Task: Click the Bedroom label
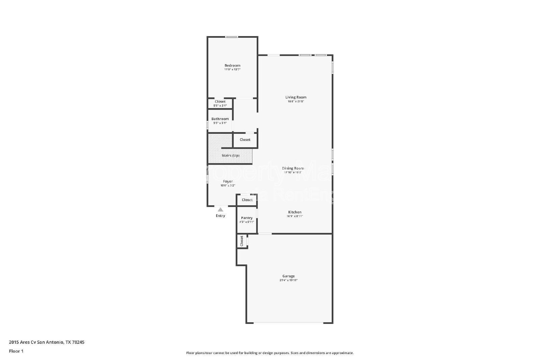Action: [x=232, y=65]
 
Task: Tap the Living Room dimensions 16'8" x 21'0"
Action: [x=296, y=101]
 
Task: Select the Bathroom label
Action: [x=220, y=119]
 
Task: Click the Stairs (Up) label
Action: [x=231, y=156]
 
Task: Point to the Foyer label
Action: [x=228, y=182]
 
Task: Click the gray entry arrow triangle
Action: [x=220, y=210]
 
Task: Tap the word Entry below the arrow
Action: [x=220, y=216]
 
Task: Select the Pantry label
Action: [x=247, y=218]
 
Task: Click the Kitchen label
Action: [x=295, y=212]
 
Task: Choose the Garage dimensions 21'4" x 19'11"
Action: [x=289, y=280]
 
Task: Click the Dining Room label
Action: [x=293, y=168]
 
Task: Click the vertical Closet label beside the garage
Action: [x=242, y=241]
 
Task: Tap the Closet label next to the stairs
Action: [x=245, y=140]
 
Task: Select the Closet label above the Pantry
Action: [x=247, y=200]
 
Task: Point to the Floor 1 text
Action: [x=16, y=351]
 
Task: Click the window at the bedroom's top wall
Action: [x=232, y=37]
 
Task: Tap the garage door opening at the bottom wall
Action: [x=289, y=323]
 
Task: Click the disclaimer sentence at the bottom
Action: [x=270, y=353]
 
